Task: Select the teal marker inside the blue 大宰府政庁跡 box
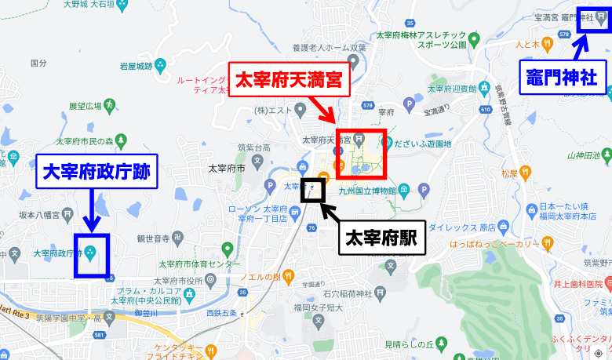(90, 253)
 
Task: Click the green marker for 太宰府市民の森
(121, 140)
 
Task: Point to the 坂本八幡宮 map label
(42, 212)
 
